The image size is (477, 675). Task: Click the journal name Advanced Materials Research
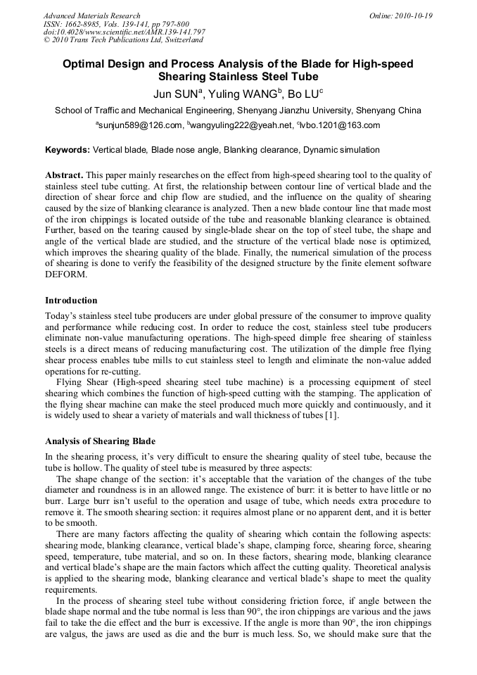click(x=91, y=15)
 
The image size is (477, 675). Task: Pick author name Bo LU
click(x=303, y=94)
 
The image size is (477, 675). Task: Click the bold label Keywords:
click(x=68, y=150)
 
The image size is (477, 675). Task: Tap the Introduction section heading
click(x=71, y=301)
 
